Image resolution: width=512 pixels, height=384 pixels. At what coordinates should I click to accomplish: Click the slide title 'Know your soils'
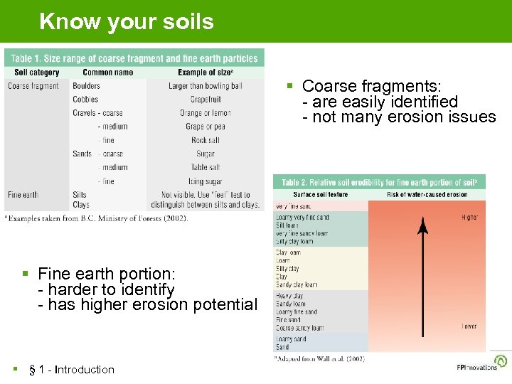pos(127,21)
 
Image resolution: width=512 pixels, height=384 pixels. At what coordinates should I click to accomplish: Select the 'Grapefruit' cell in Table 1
pos(205,100)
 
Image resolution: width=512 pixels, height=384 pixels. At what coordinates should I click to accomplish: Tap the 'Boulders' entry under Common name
pos(86,86)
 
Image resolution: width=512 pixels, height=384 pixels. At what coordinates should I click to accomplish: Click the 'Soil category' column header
pos(36,72)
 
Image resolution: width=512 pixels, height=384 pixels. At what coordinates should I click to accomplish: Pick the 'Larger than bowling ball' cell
pos(205,86)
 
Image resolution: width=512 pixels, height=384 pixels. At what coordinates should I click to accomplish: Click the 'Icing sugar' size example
pos(205,181)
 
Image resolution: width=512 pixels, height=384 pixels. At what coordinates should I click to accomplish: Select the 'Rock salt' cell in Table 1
pos(205,140)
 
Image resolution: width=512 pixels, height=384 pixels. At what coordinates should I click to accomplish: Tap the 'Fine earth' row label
pos(23,195)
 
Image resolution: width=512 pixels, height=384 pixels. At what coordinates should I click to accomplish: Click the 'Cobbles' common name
pos(85,100)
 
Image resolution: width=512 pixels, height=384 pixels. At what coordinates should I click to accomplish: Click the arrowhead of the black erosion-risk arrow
pos(422,227)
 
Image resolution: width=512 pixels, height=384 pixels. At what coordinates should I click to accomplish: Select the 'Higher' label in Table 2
pos(469,217)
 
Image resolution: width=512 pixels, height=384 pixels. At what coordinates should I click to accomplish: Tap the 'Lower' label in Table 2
pos(469,326)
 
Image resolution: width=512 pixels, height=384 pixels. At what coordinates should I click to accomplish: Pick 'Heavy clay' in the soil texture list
pos(290,295)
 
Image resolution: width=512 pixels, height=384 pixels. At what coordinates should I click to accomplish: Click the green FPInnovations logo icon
pos(501,361)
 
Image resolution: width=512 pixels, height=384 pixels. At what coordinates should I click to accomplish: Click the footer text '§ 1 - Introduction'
pos(71,369)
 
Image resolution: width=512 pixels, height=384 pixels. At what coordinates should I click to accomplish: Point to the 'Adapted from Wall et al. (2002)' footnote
pos(320,359)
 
